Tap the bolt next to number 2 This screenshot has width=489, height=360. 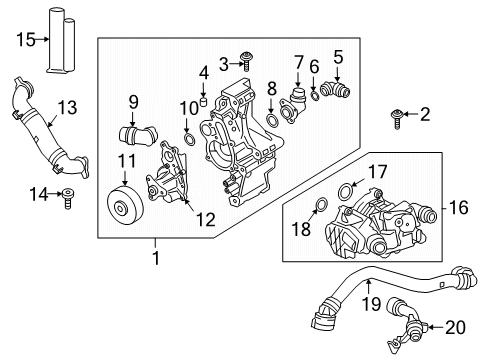click(397, 117)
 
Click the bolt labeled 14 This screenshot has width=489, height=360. click(69, 194)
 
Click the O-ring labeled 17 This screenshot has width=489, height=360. click(346, 190)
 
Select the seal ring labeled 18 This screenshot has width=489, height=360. click(320, 208)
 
